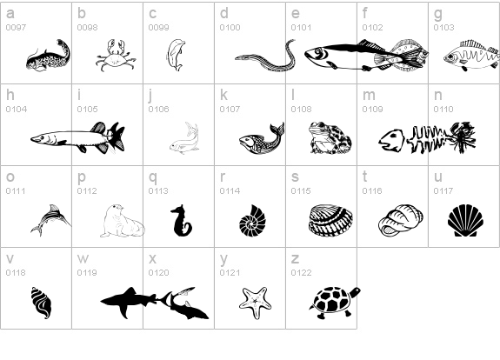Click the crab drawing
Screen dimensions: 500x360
click(116, 56)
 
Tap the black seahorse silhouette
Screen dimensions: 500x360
click(181, 221)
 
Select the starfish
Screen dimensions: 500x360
click(256, 302)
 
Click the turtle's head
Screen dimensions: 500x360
click(356, 292)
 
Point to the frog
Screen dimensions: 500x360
click(330, 137)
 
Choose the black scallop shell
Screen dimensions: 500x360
click(465, 221)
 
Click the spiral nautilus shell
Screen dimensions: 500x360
click(252, 221)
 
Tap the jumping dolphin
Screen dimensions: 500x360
click(176, 55)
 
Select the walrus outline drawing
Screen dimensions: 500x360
click(123, 221)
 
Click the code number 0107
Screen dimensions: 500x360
click(230, 109)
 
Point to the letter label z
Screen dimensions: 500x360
click(295, 258)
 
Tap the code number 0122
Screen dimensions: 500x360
click(301, 273)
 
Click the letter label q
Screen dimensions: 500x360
click(153, 177)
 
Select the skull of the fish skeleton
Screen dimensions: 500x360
click(391, 141)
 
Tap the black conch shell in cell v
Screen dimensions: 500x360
click(41, 303)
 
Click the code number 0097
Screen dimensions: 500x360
click(16, 28)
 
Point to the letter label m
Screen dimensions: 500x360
click(369, 96)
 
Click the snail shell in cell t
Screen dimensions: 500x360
click(401, 220)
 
